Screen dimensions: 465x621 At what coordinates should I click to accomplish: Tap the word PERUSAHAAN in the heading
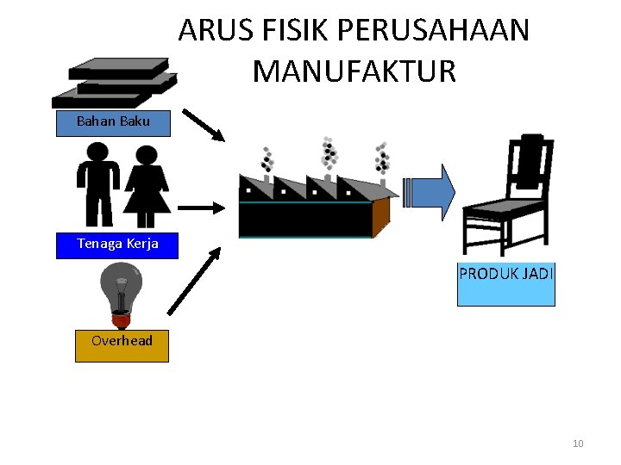pos(434,31)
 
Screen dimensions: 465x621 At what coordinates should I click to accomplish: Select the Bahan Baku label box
pos(113,122)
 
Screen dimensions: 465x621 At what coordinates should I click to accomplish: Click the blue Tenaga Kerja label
pos(117,245)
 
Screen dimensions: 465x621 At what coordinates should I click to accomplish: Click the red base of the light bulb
pos(121,319)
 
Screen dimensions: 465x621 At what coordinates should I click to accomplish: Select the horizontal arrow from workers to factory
pos(200,208)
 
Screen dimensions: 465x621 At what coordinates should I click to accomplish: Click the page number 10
pos(578,443)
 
